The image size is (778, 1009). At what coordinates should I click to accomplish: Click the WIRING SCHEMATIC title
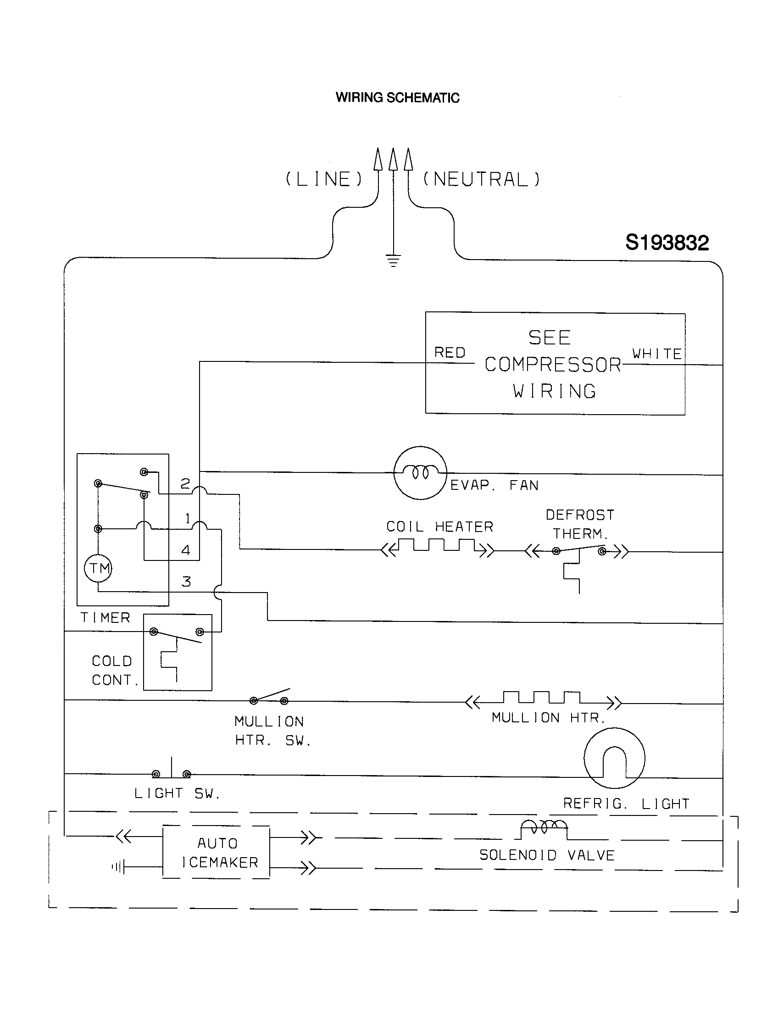(x=397, y=98)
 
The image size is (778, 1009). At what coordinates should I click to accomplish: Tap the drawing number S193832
(x=667, y=243)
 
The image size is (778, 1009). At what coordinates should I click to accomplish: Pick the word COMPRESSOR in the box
(x=553, y=365)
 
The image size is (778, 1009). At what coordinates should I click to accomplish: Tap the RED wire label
(x=450, y=353)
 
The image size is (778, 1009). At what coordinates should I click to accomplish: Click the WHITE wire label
(x=656, y=354)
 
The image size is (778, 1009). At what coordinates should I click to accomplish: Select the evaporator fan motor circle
(x=420, y=472)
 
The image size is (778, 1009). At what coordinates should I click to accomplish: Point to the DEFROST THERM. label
(x=580, y=524)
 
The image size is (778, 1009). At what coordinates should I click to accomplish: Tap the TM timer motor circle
(x=99, y=568)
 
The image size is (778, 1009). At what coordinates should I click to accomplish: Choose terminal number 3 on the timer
(x=186, y=582)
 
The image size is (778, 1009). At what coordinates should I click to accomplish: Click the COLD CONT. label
(x=114, y=671)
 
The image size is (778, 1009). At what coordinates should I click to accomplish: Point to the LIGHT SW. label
(x=177, y=793)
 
